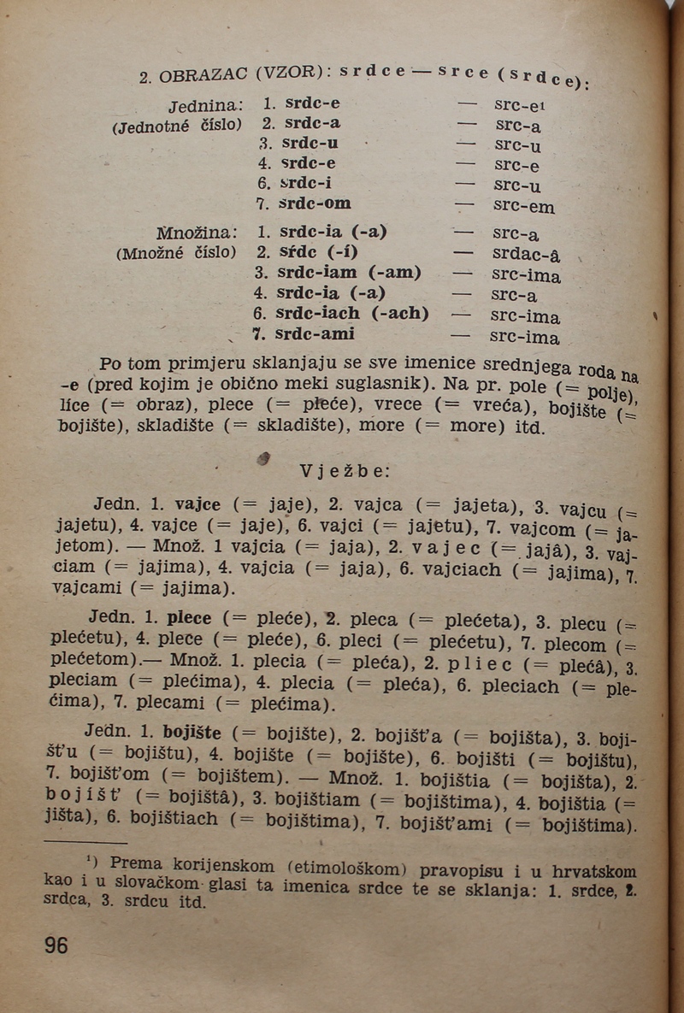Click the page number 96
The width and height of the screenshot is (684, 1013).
point(56,945)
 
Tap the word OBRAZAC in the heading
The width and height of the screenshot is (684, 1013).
point(203,75)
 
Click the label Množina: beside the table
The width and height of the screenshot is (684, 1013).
point(198,233)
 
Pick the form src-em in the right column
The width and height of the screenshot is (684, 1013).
point(524,207)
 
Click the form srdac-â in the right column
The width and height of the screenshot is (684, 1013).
point(527,255)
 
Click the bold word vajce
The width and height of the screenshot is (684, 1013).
point(198,504)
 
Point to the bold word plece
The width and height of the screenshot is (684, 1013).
point(189,617)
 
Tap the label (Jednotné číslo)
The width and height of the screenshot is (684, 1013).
point(177,126)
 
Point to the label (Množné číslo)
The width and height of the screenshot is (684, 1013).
point(175,253)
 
